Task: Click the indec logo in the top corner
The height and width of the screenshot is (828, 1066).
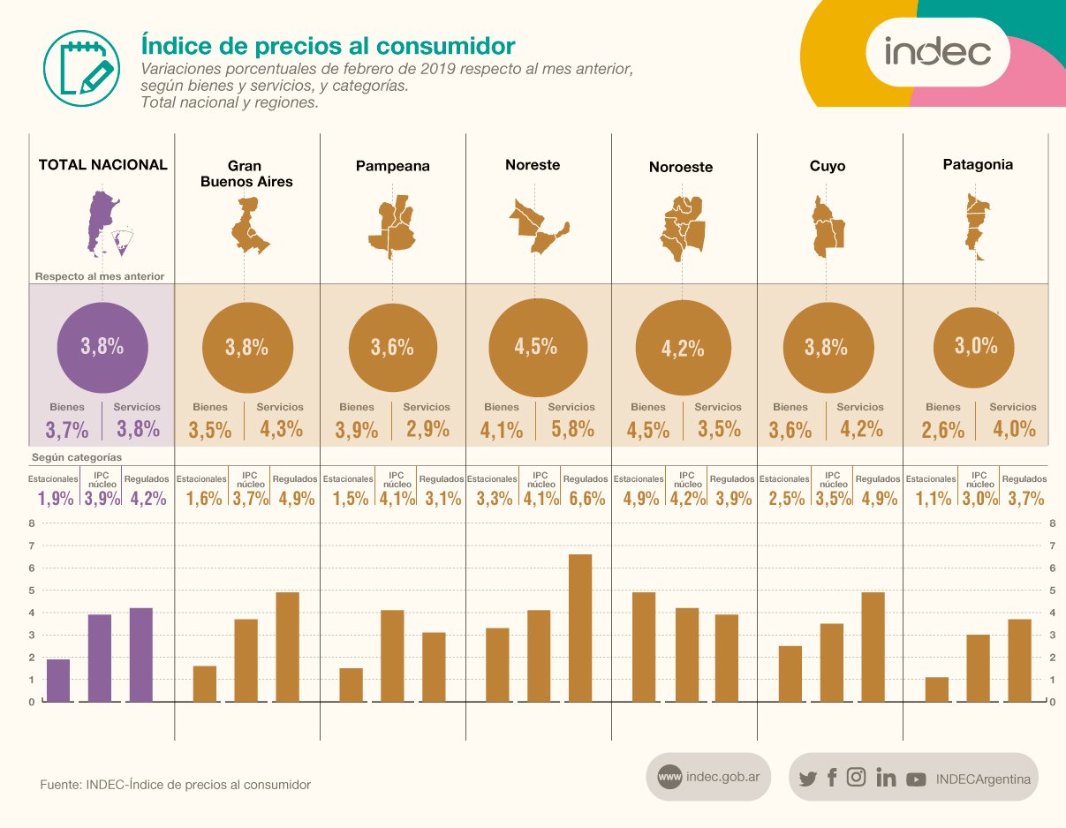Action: (937, 53)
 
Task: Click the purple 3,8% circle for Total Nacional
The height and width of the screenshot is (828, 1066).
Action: (102, 346)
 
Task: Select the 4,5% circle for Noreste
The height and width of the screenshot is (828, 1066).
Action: (536, 346)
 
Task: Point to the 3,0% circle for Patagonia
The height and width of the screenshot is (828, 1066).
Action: (975, 346)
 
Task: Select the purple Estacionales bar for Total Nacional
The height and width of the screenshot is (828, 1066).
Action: (58, 680)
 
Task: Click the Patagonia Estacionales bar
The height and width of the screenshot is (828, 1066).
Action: (937, 689)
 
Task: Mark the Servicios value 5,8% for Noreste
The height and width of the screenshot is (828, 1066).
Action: (571, 430)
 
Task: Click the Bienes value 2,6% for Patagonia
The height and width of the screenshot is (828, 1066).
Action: (942, 430)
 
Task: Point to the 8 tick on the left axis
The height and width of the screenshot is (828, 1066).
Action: (31, 523)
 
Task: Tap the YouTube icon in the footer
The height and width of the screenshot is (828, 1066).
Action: (916, 779)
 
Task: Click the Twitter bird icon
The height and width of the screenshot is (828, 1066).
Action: (807, 779)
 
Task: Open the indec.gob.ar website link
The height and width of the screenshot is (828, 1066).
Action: (708, 777)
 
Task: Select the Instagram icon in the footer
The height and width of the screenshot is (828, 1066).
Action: (856, 778)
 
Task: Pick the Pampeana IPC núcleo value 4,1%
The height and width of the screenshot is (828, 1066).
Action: (397, 498)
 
